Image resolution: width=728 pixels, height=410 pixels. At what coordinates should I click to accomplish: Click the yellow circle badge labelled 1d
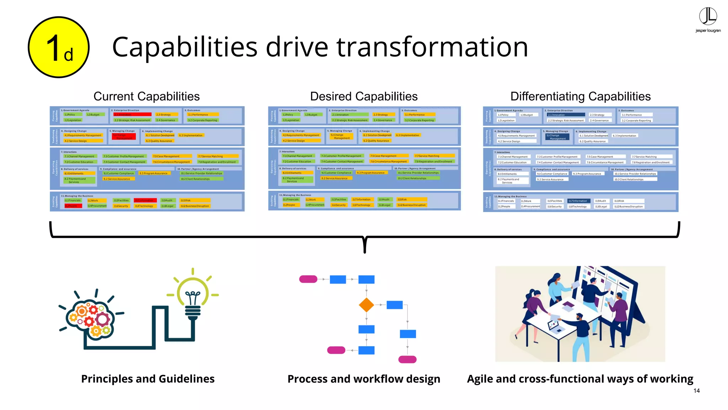[59, 47]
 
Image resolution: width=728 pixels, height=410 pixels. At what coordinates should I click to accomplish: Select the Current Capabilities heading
[146, 96]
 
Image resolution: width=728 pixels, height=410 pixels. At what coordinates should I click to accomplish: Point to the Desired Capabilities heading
[364, 96]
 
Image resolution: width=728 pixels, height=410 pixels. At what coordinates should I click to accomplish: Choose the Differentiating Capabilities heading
[580, 96]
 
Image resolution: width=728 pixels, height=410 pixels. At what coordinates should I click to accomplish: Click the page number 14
[696, 391]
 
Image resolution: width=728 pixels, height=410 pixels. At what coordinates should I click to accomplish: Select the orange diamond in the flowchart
[366, 305]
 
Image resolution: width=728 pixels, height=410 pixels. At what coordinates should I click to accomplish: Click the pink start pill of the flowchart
[308, 279]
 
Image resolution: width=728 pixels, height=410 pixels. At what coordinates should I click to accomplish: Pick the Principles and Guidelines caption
[148, 379]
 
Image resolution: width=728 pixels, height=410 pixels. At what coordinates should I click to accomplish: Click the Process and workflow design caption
[364, 379]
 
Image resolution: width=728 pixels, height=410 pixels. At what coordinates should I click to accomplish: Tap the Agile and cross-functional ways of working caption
[580, 379]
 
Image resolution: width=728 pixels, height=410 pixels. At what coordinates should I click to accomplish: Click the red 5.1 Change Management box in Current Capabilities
[124, 137]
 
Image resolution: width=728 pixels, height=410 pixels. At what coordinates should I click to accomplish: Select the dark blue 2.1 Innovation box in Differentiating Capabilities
[566, 115]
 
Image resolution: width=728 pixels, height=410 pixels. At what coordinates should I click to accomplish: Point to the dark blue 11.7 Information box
[579, 201]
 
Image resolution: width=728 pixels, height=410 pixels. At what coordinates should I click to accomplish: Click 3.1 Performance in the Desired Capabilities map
[419, 115]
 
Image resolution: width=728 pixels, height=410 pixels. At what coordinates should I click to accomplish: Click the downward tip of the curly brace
[365, 251]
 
